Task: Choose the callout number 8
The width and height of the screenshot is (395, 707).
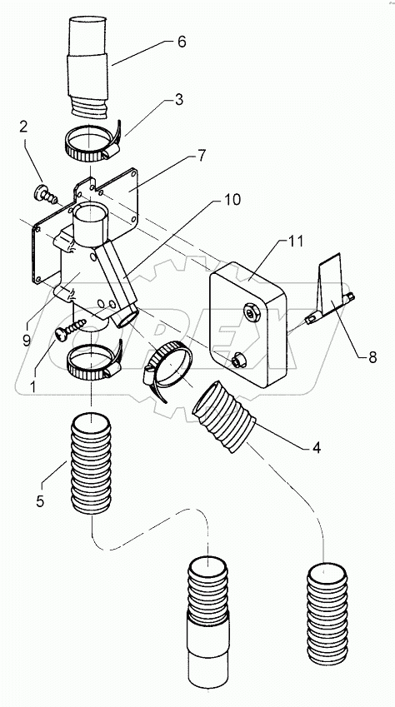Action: (x=371, y=357)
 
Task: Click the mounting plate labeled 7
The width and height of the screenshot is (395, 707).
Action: (x=125, y=196)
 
